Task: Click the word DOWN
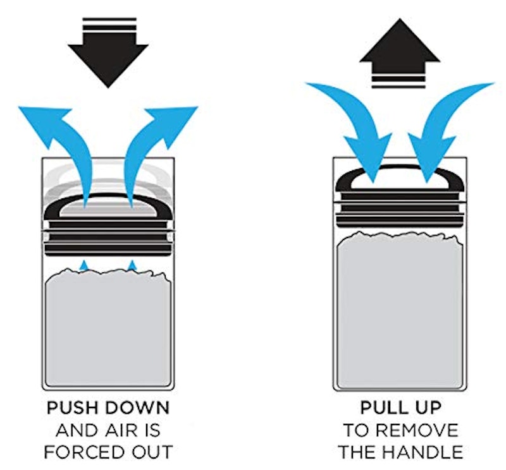pos(138,408)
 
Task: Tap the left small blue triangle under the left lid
pos(83,265)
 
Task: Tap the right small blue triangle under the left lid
pos(132,265)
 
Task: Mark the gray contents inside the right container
pos(400,310)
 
